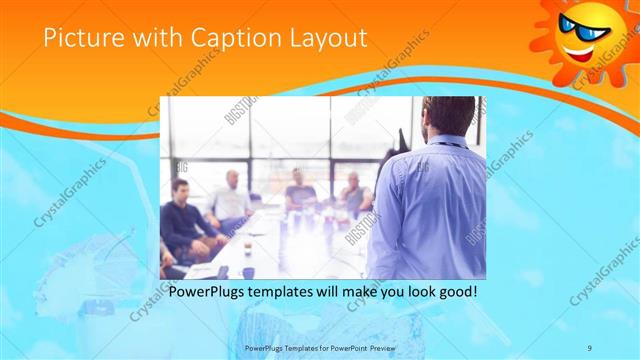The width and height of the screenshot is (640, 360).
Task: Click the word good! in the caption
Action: (454, 292)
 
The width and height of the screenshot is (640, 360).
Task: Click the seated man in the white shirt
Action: (230, 200)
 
